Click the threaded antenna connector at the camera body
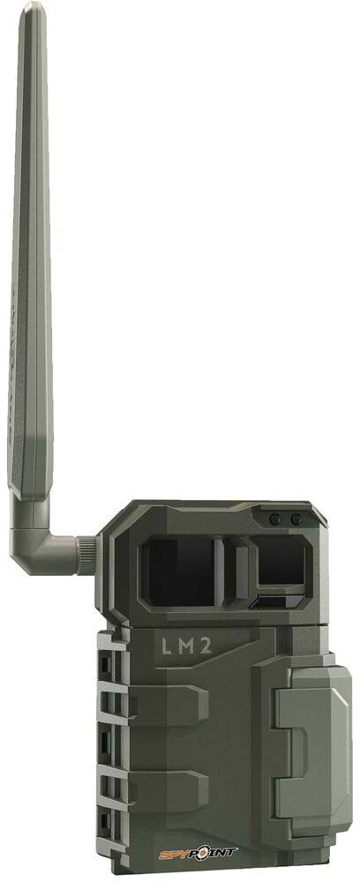86,553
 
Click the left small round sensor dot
276,520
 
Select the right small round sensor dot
296,520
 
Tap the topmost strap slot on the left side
112,658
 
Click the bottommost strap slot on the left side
112,825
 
